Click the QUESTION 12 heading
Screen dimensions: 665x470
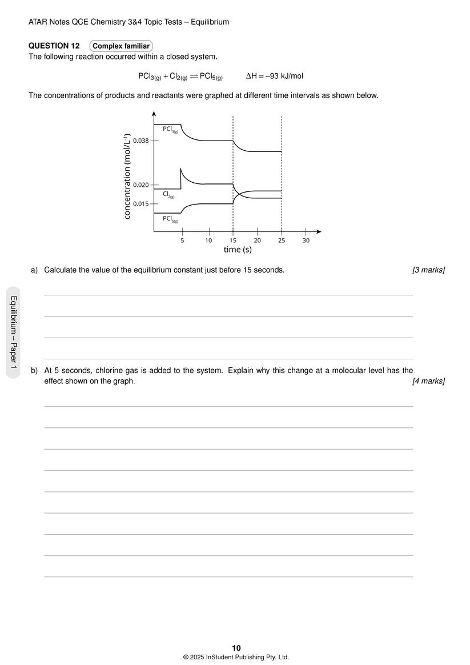tap(54, 46)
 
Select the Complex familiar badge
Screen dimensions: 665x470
tap(121, 46)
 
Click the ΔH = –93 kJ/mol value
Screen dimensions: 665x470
tap(274, 76)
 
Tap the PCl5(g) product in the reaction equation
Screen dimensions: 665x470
tap(211, 77)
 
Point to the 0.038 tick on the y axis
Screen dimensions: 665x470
tap(140, 141)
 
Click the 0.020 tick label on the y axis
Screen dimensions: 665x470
tap(140, 185)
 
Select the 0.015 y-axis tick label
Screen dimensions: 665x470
tap(140, 203)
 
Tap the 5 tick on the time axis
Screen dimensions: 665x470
tap(182, 241)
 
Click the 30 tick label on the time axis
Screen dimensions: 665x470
tap(306, 241)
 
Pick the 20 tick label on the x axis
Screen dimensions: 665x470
tap(258, 241)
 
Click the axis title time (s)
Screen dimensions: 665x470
tap(238, 250)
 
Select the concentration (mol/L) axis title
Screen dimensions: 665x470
tap(127, 175)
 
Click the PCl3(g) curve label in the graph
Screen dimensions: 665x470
tap(170, 130)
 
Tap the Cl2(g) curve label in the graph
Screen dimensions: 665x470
tap(168, 194)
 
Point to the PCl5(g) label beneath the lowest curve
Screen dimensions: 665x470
tap(170, 219)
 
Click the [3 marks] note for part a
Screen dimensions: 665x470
tap(428, 270)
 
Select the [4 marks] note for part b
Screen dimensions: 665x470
tap(428, 381)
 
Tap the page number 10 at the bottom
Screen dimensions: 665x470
tap(236, 647)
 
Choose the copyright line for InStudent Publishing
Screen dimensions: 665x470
tap(236, 657)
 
